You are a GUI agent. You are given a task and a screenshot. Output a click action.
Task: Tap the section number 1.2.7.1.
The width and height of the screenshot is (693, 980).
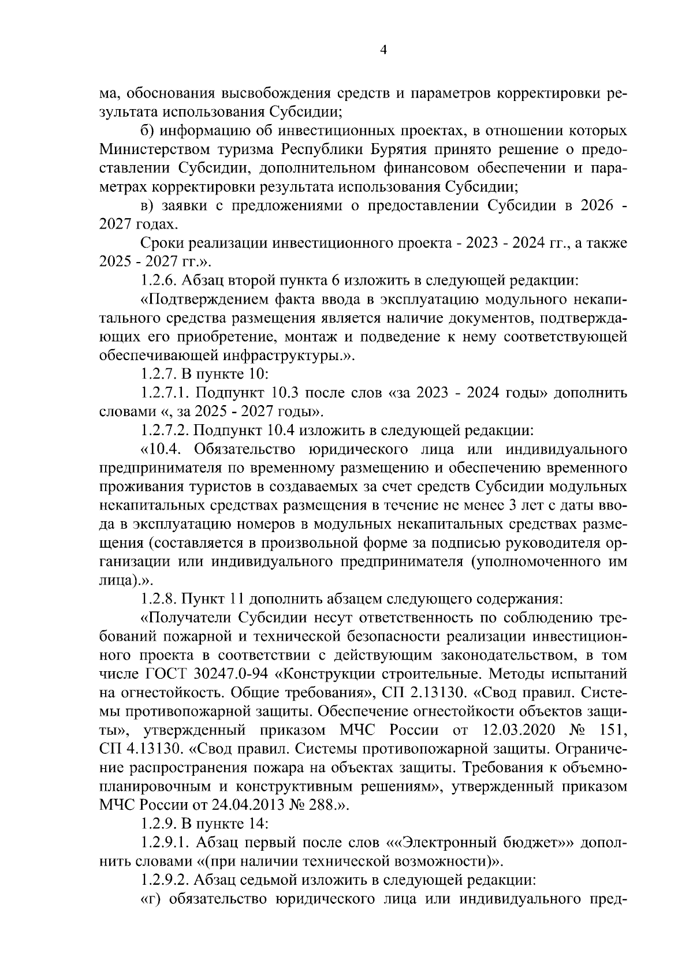pos(165,394)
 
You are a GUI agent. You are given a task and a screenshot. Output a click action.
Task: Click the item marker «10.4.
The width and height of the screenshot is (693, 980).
pos(162,449)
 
